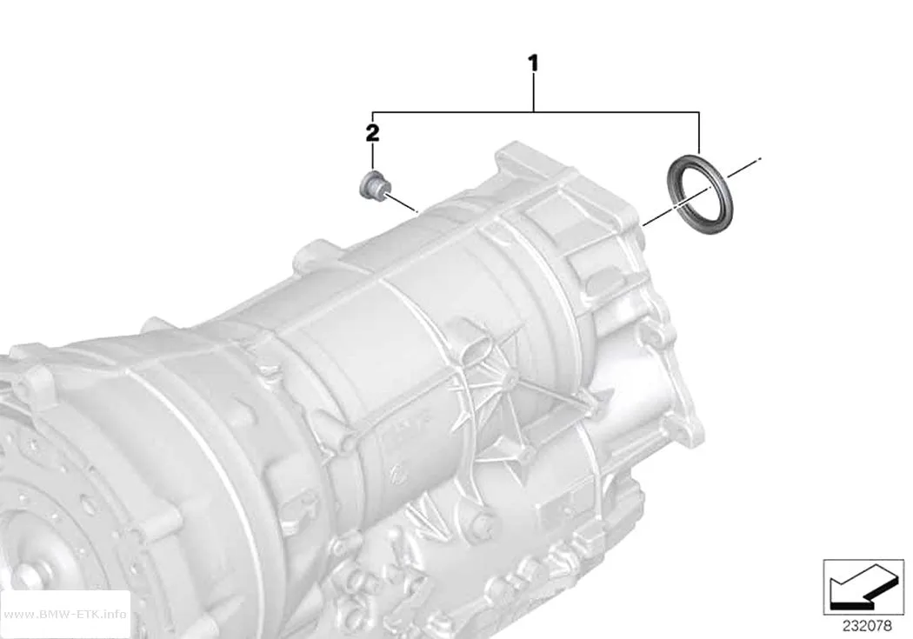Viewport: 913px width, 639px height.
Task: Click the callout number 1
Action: (x=533, y=63)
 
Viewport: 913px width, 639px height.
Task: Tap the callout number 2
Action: (x=372, y=133)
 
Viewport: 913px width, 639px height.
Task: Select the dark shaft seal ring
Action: (x=700, y=195)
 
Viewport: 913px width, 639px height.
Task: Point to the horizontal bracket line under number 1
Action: (x=536, y=111)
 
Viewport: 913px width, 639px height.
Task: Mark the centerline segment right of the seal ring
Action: (x=743, y=167)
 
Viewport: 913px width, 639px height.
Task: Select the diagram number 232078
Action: (x=867, y=626)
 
